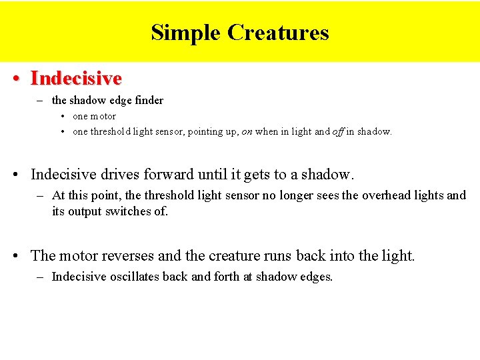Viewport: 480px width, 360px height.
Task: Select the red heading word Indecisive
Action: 76,78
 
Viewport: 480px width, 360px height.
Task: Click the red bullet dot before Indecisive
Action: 15,79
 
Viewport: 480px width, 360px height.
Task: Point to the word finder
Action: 148,101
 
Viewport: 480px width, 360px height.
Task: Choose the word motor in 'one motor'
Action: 103,117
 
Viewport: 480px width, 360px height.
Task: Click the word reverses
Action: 127,255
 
